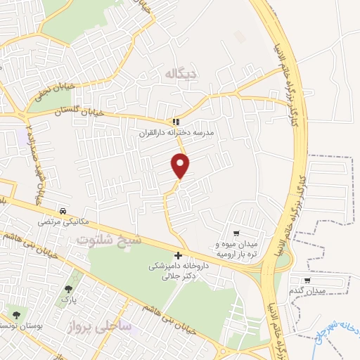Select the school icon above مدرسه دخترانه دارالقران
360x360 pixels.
(176, 121)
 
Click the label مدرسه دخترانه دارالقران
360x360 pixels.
(180, 131)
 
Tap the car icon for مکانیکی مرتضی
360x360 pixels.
(63, 210)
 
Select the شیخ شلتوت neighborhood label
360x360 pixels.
(109, 240)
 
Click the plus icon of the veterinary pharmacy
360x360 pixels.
(178, 256)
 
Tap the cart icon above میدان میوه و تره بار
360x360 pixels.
(237, 234)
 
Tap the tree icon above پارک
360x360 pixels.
(68, 289)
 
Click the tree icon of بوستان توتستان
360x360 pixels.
(15, 315)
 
